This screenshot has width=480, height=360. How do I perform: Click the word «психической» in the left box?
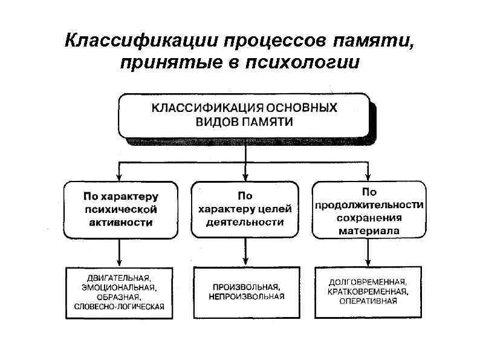120,209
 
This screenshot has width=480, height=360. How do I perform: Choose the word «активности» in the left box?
121,222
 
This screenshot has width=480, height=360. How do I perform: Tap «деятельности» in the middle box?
245,222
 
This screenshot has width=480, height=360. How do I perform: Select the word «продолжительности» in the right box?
369,205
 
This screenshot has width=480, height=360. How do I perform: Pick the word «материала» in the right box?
369,231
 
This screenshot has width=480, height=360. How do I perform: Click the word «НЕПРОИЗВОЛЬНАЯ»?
246,296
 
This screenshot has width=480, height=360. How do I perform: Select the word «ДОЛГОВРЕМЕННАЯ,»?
368,282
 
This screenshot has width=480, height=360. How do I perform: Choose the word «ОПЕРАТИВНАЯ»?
368,301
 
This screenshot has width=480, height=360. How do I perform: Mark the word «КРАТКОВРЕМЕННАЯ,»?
368,292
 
